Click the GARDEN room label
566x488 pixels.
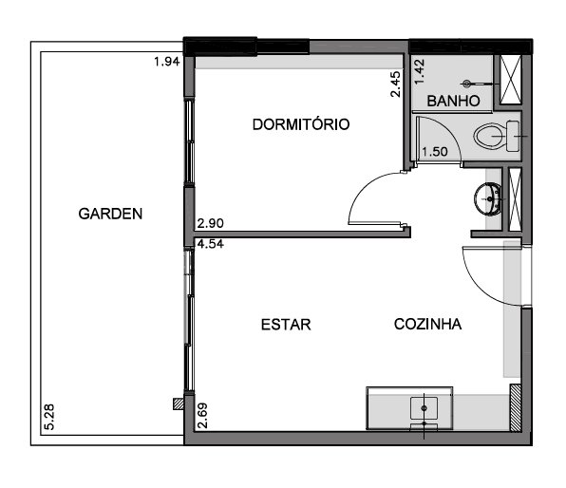(110, 214)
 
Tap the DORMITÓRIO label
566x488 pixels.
(301, 124)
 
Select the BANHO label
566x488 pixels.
(453, 101)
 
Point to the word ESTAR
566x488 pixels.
(286, 325)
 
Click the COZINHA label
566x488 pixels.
(427, 324)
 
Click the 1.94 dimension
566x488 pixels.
(167, 62)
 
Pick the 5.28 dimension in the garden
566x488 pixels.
(49, 417)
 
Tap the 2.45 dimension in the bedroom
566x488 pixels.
(396, 84)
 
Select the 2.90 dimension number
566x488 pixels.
(211, 223)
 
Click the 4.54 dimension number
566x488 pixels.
(211, 244)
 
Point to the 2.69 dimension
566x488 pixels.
(203, 416)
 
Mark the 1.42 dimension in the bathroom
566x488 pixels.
(420, 71)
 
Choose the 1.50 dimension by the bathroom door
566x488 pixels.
(435, 152)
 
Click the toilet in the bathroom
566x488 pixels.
(497, 137)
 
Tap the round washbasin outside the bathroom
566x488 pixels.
(488, 198)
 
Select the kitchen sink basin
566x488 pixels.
(424, 408)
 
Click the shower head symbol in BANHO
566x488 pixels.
(467, 84)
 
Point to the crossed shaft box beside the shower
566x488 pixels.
(510, 80)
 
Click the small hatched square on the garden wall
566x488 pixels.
(179, 404)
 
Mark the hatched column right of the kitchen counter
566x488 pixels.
(515, 407)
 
